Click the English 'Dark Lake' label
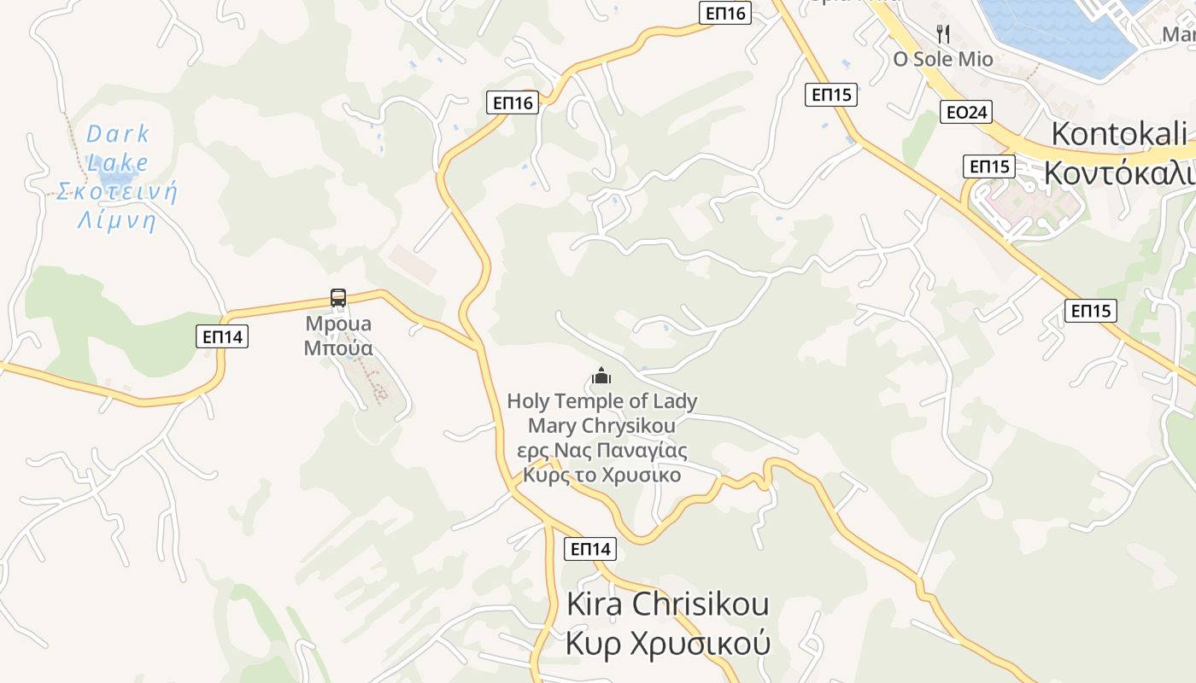point(118,147)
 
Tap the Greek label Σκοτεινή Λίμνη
point(117,206)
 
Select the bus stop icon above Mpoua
point(338,298)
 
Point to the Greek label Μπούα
point(338,348)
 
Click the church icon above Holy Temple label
point(601,376)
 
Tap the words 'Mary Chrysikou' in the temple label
point(601,425)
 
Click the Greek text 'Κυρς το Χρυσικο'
point(601,475)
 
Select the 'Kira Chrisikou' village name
point(667,604)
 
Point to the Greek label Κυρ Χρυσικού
point(667,643)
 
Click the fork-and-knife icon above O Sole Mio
point(943,34)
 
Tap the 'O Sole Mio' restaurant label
point(943,59)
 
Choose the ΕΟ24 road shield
point(965,112)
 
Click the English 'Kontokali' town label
point(1118,134)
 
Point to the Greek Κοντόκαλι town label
point(1118,172)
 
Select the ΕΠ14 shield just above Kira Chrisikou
point(589,549)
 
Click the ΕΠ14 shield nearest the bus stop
point(223,336)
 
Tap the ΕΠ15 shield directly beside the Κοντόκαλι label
point(988,166)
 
